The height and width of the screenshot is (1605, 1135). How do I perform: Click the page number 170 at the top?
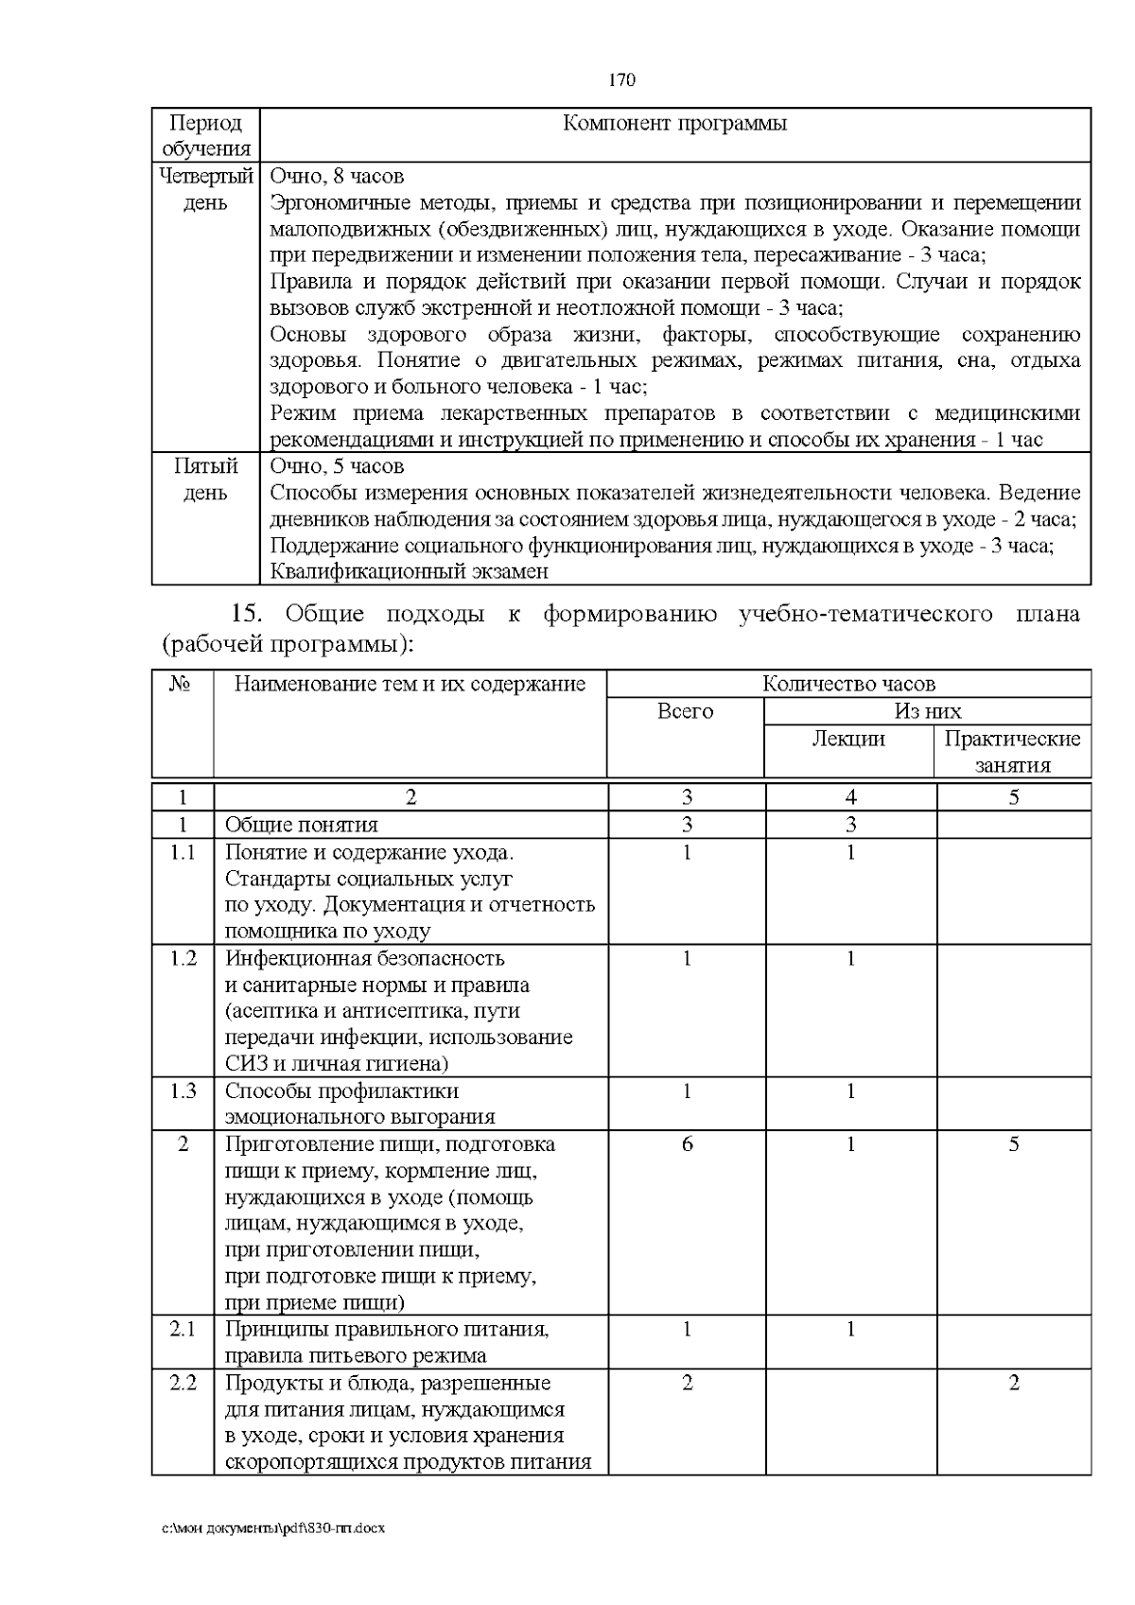[621, 79]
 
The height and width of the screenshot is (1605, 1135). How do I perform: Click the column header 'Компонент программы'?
[674, 123]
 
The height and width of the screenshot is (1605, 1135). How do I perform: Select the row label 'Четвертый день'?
[205, 189]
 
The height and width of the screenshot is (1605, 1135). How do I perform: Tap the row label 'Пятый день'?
[205, 480]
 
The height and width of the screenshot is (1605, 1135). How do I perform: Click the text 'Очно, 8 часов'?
[337, 176]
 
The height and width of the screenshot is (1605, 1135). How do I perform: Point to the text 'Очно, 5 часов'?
[337, 466]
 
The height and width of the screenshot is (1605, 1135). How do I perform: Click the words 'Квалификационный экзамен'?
[409, 571]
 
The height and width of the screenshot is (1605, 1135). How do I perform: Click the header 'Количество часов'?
[848, 684]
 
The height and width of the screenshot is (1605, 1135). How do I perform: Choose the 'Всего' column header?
[685, 711]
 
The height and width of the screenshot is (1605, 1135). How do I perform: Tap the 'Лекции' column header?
[848, 739]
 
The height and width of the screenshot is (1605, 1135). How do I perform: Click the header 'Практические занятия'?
[1012, 752]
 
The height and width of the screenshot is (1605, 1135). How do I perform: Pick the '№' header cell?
[182, 684]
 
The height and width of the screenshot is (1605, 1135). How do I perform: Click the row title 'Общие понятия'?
[301, 825]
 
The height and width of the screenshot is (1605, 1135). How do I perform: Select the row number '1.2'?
[183, 958]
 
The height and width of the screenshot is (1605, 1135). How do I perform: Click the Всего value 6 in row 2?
[687, 1144]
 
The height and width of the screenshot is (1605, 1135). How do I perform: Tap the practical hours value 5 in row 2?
[1013, 1144]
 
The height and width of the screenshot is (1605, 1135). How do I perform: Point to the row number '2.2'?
[183, 1383]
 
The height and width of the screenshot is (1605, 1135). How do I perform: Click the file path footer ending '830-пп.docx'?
[273, 1528]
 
